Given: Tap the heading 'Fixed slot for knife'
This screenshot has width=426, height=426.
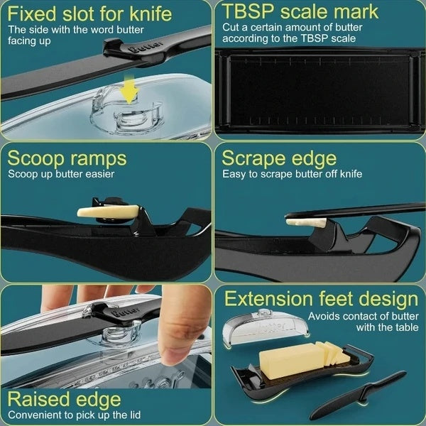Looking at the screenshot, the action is (89, 13).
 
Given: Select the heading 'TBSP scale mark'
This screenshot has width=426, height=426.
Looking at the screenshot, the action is (300, 12).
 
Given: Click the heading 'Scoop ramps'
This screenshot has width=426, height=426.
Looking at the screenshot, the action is (67, 158).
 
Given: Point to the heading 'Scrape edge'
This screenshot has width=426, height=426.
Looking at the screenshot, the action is (279, 158).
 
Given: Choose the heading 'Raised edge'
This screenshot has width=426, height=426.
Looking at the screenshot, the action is (64, 399).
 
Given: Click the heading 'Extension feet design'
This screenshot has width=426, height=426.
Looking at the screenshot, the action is (321, 299).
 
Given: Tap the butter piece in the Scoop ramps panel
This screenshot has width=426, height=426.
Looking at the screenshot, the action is (108, 212).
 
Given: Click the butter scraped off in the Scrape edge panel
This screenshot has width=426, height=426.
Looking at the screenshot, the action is (306, 222).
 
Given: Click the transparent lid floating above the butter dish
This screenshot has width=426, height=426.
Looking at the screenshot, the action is (266, 328).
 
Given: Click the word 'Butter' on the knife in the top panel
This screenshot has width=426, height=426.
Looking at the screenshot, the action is (146, 46).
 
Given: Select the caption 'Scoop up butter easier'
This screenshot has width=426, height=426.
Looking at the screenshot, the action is (61, 174).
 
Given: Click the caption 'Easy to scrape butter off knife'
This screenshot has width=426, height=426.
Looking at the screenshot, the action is (292, 174).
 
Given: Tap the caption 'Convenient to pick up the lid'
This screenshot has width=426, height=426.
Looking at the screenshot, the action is (74, 415).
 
